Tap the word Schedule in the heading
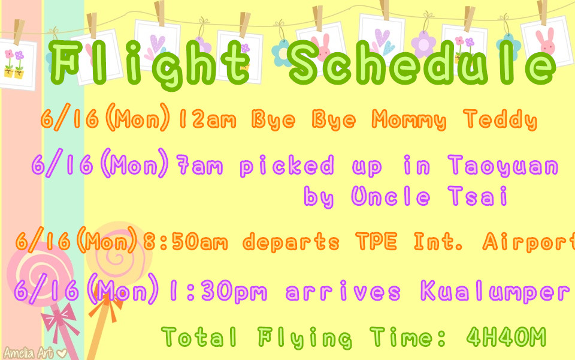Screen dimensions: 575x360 pyautogui.click(x=422, y=62)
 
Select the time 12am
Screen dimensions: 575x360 pyautogui.click(x=207, y=119)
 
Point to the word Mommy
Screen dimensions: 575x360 pyautogui.click(x=409, y=120)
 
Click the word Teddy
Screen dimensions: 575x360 pyautogui.click(x=500, y=119)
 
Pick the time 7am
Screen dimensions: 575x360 pyautogui.click(x=199, y=165)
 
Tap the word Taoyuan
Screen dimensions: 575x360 pyautogui.click(x=503, y=166)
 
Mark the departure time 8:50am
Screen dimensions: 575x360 pyautogui.click(x=185, y=242)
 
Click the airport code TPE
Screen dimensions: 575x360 pyautogui.click(x=376, y=241)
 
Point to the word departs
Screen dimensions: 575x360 pyautogui.click(x=291, y=242)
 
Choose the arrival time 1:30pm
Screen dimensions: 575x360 pyautogui.click(x=218, y=292)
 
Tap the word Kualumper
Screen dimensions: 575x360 pyautogui.click(x=495, y=291)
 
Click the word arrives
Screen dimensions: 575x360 pyautogui.click(x=343, y=292)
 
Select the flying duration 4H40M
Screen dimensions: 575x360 pyautogui.click(x=507, y=337)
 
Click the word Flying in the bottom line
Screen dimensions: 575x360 pyautogui.click(x=305, y=337)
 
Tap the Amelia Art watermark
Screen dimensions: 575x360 pyautogui.click(x=35, y=353)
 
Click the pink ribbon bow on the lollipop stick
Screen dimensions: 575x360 pyautogui.click(x=60, y=320)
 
